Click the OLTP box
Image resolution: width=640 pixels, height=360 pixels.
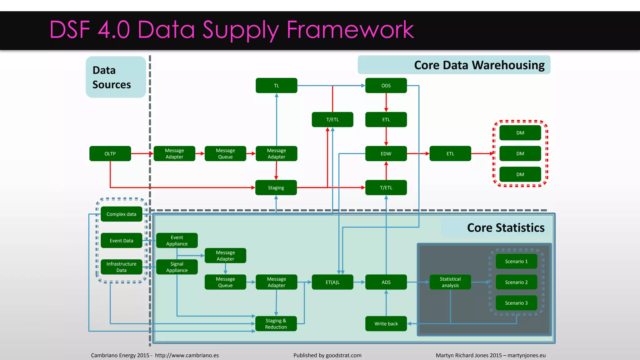[x=110, y=153]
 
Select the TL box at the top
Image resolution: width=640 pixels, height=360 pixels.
[x=276, y=85]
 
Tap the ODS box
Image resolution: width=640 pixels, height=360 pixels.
[x=386, y=85]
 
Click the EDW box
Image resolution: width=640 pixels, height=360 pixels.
[x=386, y=153]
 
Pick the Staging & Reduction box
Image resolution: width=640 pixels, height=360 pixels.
[x=276, y=323]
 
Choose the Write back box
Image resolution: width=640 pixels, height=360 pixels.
[x=386, y=323]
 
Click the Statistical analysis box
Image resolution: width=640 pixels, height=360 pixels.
[x=450, y=282]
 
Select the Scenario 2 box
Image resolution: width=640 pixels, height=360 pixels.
[x=516, y=282]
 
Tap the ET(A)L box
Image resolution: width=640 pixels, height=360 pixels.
[x=332, y=282]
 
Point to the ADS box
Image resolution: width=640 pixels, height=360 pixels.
[x=386, y=282]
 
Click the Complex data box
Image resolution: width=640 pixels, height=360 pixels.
[x=121, y=214]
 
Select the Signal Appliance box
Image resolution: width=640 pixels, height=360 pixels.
[x=177, y=267]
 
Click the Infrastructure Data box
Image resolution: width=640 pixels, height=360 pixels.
[x=121, y=267]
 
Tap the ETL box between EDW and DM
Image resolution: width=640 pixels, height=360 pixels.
[x=450, y=153]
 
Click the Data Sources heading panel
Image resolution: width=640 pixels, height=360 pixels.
[x=116, y=77]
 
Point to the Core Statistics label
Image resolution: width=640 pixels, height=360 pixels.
[x=505, y=227]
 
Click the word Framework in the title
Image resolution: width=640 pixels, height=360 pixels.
[x=350, y=30]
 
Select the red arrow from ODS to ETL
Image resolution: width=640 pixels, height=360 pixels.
[x=386, y=102]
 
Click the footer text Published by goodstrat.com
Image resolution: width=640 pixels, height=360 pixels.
[x=327, y=355]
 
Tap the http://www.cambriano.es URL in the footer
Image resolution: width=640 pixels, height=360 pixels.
[x=187, y=355]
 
